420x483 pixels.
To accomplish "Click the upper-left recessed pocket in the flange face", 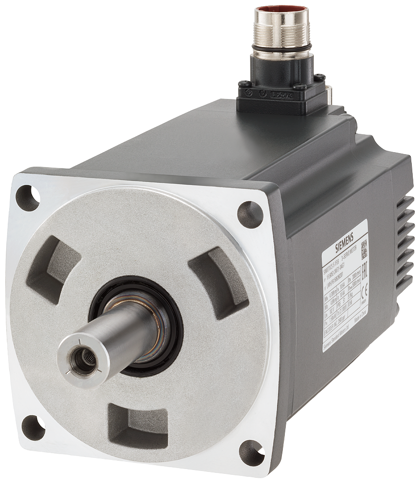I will click(56, 265).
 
